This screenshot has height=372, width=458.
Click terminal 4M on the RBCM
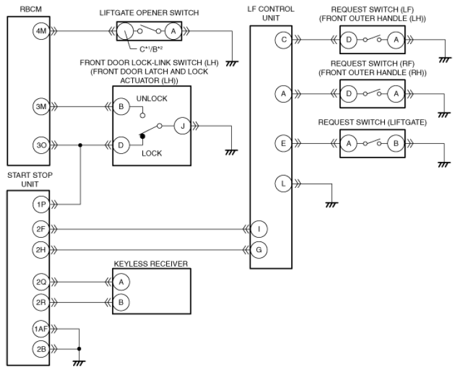(41, 31)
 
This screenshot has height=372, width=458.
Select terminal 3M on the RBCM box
(41, 107)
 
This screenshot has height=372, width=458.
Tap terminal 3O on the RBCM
(41, 145)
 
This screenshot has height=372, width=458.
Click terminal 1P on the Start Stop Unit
(41, 204)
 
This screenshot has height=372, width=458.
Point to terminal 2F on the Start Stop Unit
(41, 229)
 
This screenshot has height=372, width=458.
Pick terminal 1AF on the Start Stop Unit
(41, 329)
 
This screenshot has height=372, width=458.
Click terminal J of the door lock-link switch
(183, 126)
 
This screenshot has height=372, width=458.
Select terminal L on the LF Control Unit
(283, 184)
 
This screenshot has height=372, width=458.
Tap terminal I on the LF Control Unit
(259, 229)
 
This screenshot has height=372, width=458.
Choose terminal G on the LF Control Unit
(259, 250)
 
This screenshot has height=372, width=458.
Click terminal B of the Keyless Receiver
(121, 303)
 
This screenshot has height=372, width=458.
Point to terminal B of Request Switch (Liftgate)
(396, 144)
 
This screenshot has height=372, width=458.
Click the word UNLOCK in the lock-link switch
(152, 98)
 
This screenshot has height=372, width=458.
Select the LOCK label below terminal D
(152, 153)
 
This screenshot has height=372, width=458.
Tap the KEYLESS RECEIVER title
(151, 264)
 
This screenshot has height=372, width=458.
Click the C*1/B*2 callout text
(151, 49)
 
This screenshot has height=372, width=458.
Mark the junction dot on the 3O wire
(81, 145)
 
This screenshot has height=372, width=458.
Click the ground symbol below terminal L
(331, 205)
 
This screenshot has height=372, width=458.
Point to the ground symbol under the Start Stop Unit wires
(79, 363)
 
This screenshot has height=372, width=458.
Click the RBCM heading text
(31, 9)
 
